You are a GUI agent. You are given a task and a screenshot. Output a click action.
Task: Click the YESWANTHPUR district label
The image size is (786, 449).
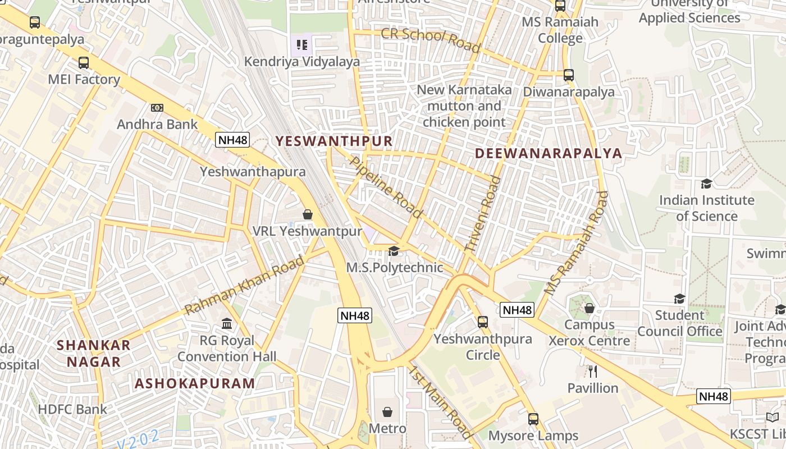click(333, 141)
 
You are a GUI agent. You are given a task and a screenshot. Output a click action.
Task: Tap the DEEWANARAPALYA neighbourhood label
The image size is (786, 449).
click(549, 153)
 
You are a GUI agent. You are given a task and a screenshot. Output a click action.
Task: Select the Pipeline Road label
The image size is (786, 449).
click(386, 187)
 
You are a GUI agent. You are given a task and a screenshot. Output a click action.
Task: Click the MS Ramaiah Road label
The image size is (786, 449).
click(577, 243)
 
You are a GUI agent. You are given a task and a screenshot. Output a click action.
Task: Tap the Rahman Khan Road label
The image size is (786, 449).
click(244, 285)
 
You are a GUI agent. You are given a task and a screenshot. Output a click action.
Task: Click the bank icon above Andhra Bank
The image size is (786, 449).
click(157, 108)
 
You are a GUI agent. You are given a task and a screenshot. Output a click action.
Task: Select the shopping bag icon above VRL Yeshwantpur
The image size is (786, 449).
click(307, 214)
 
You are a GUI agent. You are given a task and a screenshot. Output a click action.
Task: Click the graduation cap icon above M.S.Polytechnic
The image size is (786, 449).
click(394, 251)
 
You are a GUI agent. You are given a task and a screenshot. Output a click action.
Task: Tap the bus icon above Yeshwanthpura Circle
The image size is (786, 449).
click(482, 322)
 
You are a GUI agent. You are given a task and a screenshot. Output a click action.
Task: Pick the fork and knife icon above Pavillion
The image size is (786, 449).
click(592, 371)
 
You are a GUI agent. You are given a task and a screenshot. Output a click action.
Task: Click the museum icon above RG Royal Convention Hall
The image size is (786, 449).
click(227, 324)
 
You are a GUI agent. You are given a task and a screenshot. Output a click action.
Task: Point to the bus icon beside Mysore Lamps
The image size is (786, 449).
click(533, 419)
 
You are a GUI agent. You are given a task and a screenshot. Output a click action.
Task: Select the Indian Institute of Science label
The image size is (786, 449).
click(706, 208)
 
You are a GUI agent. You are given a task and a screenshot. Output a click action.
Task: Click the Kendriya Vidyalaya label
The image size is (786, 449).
click(301, 62)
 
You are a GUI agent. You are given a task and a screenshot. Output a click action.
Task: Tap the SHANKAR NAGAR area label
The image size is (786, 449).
click(94, 353)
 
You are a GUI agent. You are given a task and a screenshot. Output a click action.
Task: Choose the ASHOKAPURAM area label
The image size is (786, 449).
click(195, 383)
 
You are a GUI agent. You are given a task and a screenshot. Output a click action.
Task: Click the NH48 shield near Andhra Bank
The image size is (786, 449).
click(232, 140)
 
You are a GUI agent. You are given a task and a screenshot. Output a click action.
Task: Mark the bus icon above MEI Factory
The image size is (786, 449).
click(84, 63)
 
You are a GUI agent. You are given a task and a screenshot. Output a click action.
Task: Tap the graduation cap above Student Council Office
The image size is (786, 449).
click(679, 299)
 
